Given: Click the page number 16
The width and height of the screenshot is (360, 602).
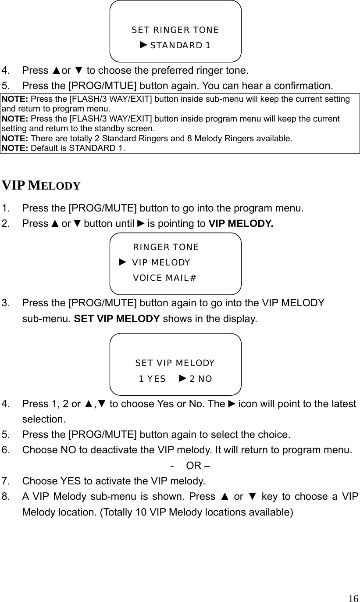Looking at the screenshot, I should (x=353, y=598).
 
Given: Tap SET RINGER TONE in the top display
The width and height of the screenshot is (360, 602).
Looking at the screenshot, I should (x=175, y=30).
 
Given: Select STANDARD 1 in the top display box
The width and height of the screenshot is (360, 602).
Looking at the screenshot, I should (x=180, y=46).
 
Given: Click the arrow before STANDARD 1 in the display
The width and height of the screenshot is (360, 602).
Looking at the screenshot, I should (x=144, y=45).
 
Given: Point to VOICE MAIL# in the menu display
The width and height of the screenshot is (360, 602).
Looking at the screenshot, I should (x=164, y=278).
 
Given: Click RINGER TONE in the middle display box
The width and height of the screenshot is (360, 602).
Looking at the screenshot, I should (x=166, y=247).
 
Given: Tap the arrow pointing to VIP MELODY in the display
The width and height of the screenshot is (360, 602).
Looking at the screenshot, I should (x=123, y=262).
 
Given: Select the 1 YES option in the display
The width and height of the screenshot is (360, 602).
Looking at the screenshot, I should (x=152, y=379).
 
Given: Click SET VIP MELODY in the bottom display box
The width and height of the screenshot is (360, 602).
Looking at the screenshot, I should (x=175, y=363).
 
